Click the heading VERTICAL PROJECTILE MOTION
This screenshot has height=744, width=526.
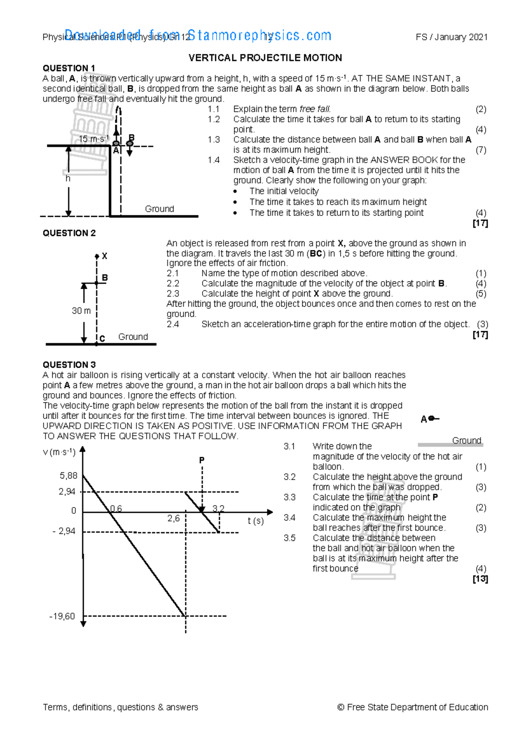point(265,58)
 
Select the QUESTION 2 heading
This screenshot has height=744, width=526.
point(69,233)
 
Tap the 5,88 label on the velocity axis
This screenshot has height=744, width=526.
point(68,476)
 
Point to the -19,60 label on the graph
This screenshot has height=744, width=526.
point(62,616)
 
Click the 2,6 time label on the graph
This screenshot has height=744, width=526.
point(174,519)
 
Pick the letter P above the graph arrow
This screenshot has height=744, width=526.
point(202,460)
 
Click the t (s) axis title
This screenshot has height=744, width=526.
point(256,521)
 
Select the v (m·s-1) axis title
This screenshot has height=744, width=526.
point(59,452)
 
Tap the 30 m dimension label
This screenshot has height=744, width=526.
point(81,311)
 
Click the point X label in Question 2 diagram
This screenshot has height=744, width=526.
point(104,256)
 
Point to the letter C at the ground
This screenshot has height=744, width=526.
point(102,339)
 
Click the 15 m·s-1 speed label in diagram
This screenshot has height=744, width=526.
point(93,139)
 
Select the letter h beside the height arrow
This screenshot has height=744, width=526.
point(68,179)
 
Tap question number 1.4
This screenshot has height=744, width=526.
point(213,160)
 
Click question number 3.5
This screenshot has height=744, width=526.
point(289,538)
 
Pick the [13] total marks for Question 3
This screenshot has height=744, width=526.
point(480,579)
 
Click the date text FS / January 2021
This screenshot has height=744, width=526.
point(451,37)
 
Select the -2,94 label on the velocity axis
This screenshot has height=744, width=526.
point(64,531)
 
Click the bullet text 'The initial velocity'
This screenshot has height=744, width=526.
point(284,191)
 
